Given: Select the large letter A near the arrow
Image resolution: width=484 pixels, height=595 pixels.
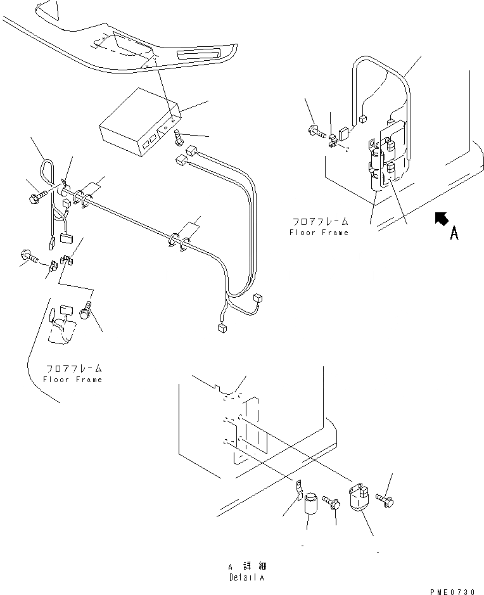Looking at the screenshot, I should [454, 234].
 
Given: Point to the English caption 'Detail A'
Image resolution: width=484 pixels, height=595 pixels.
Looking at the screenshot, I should [246, 577].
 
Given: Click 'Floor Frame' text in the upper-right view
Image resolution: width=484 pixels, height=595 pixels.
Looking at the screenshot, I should [319, 233].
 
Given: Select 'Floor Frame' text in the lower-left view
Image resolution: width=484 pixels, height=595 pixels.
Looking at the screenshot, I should [72, 379].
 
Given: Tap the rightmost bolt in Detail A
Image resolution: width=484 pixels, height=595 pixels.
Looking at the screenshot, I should [386, 500].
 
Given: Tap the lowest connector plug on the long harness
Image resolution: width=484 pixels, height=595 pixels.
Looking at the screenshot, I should [221, 328].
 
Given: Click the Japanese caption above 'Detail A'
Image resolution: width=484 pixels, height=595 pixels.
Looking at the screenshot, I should [247, 566].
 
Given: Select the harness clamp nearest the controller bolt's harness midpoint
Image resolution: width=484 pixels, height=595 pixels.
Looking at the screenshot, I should [179, 241].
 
